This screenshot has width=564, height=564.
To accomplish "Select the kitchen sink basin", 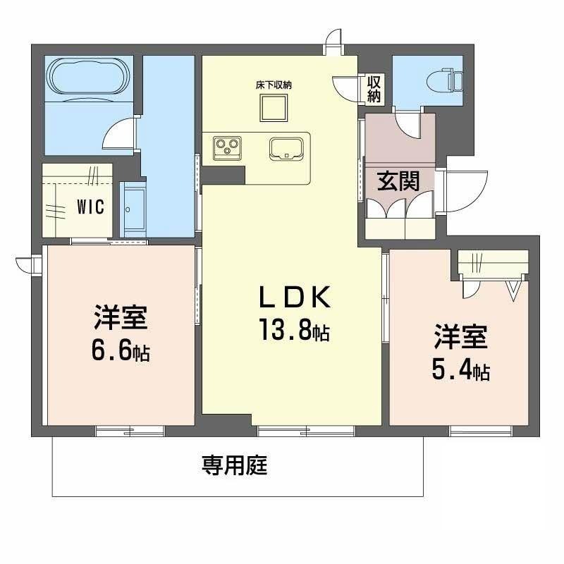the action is pos(287,149).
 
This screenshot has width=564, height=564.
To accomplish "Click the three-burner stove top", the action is pos(227,148).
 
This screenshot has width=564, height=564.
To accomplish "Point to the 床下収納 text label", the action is pos(274,85).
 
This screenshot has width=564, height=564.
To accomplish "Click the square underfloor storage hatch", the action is pos(274,108).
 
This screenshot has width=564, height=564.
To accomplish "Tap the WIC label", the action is pos(91,207).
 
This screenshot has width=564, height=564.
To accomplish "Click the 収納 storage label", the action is pos(374,89).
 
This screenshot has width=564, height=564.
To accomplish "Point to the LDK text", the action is pos(295,297).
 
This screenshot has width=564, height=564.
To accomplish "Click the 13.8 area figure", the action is pos(286,329).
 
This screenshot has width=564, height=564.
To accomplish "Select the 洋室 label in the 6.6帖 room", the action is pos(121,317).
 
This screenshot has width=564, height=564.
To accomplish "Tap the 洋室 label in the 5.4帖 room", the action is pos(461,337).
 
